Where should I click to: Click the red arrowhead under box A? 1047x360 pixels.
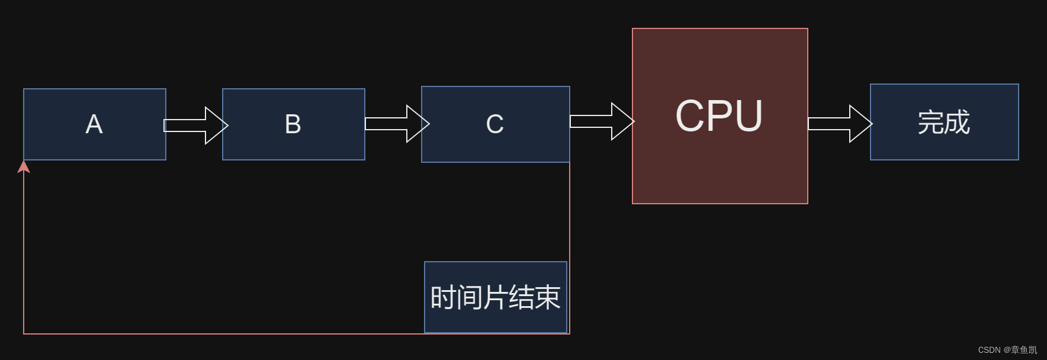24,167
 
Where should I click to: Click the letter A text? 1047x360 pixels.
94,124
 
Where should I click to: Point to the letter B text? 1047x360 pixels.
293,124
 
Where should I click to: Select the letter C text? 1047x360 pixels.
495,124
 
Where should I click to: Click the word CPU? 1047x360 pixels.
719,116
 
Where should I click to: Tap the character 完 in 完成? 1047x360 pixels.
931,123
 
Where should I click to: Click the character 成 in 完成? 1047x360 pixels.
957,123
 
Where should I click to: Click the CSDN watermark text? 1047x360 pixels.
1007,350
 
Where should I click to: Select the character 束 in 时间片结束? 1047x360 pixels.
547,297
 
